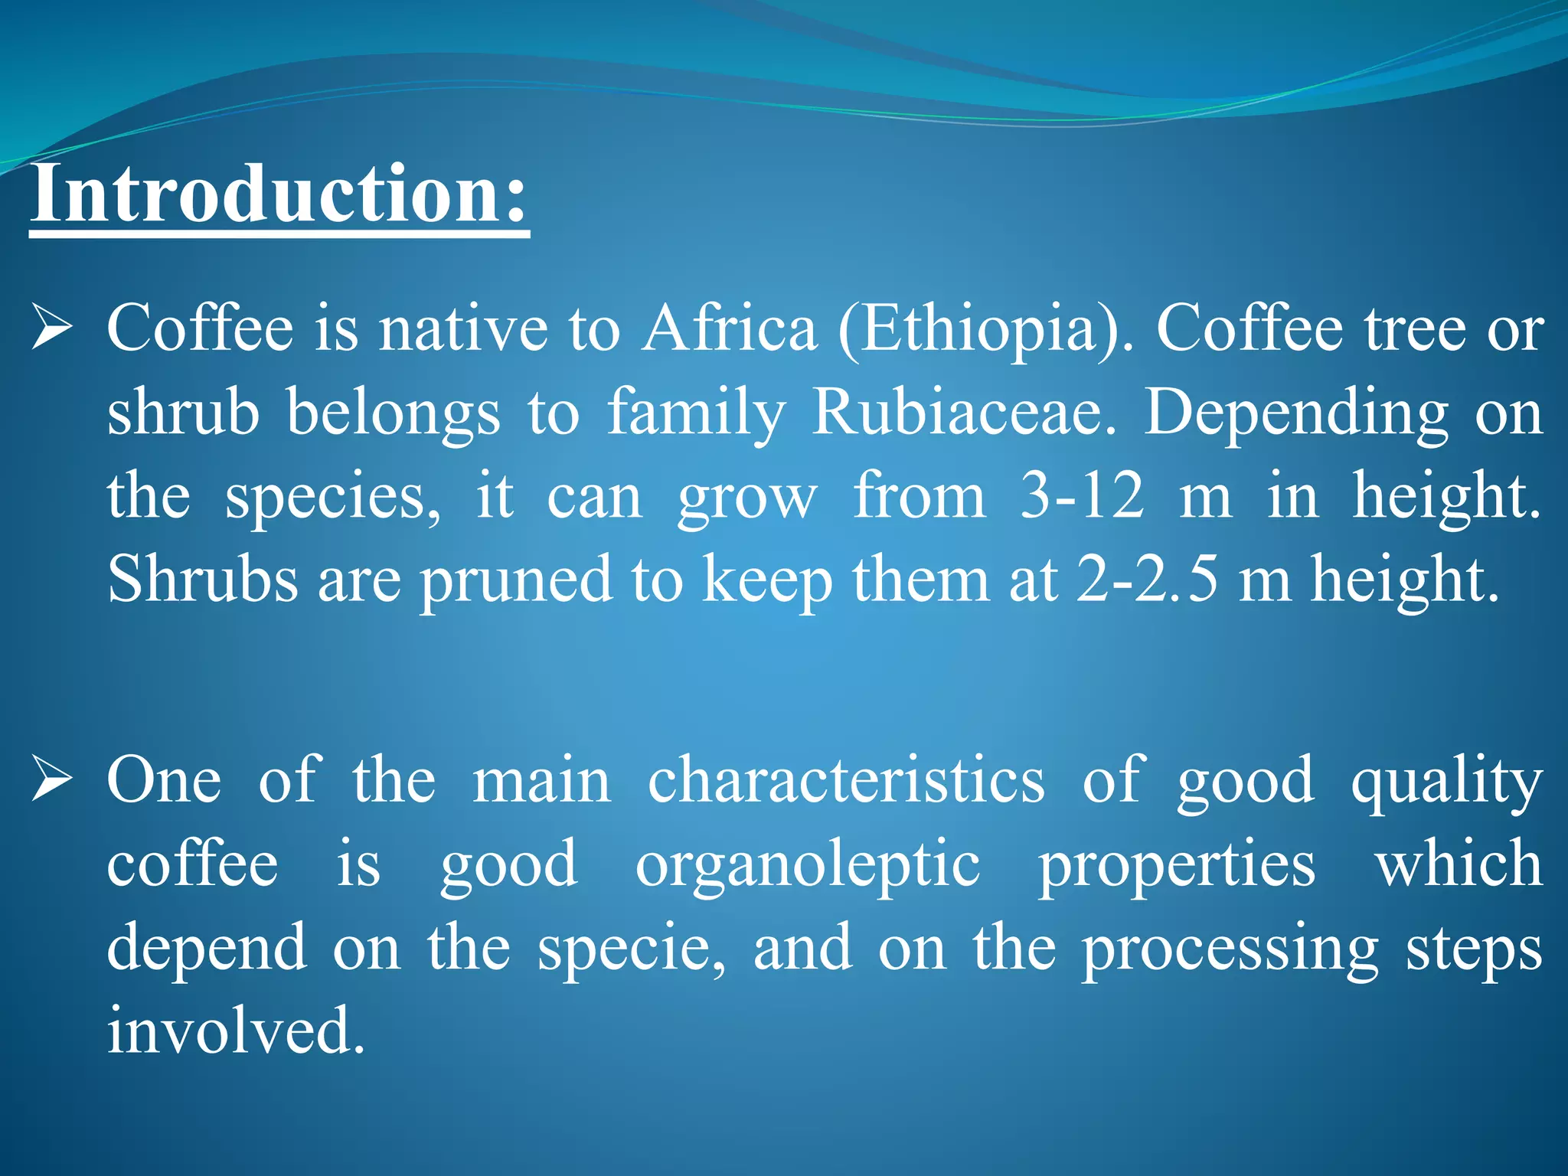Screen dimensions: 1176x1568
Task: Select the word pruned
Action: [517, 580]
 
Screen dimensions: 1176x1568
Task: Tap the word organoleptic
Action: [808, 865]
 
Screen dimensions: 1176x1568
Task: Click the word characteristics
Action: [846, 780]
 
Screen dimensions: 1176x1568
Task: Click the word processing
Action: [1230, 949]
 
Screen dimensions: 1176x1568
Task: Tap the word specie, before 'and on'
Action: [632, 949]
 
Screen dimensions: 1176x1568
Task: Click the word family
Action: [696, 413]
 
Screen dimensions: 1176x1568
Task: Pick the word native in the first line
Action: [464, 328]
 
